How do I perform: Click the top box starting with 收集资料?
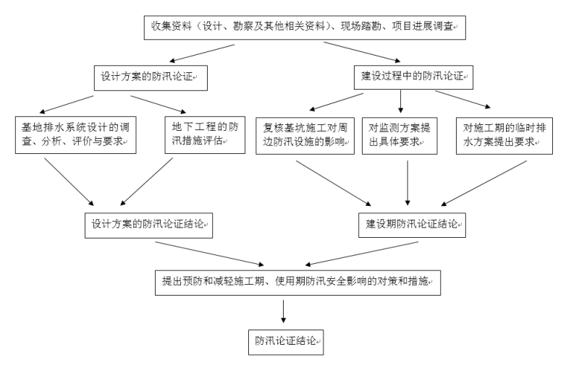click(x=303, y=27)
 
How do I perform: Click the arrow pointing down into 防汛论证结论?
click(x=283, y=310)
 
